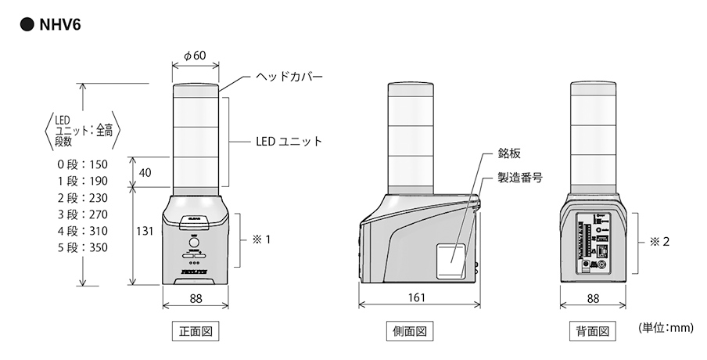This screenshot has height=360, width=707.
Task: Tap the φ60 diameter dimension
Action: point(194,56)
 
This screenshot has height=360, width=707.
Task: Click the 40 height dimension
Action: point(145,173)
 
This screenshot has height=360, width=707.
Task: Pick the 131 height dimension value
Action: point(144,232)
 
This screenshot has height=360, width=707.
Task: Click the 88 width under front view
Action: point(194,298)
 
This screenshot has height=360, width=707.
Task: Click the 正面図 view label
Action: point(194,331)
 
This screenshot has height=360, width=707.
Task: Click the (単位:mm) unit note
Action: point(666,329)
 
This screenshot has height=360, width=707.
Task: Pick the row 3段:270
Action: point(82,214)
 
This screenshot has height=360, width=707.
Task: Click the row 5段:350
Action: point(82,248)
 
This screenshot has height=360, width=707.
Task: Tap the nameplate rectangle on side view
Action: point(450,259)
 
